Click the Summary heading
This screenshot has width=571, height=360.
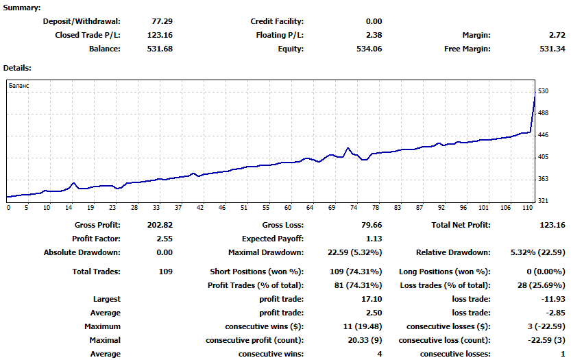[22, 8]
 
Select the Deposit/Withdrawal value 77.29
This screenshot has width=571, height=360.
[162, 21]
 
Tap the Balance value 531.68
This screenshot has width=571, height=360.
[160, 49]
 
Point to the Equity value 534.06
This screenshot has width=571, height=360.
[369, 49]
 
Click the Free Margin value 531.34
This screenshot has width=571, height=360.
[552, 49]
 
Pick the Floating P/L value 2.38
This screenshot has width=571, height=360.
[374, 35]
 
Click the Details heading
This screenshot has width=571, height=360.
[17, 68]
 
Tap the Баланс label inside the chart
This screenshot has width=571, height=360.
[19, 86]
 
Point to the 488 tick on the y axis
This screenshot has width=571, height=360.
[543, 113]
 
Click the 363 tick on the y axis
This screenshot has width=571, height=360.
[543, 179]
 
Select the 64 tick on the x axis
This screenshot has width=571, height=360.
[310, 208]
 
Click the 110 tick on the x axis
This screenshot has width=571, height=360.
[527, 208]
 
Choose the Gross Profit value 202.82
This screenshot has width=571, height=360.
[160, 225]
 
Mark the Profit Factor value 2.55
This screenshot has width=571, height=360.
[165, 239]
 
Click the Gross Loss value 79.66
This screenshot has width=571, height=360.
[372, 225]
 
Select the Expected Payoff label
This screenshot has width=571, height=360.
[273, 239]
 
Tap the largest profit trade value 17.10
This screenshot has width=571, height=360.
[372, 299]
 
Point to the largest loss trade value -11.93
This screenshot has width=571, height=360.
[554, 299]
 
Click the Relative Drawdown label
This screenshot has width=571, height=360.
[453, 253]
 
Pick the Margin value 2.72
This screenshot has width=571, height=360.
[557, 35]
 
